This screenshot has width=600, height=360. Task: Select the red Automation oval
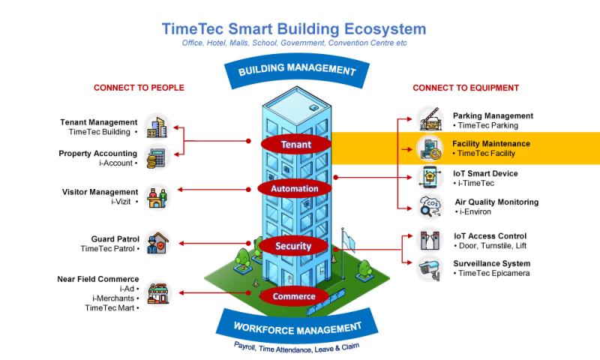click(x=294, y=188)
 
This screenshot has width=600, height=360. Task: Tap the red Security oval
click(x=292, y=245)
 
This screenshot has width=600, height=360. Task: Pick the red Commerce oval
click(x=294, y=295)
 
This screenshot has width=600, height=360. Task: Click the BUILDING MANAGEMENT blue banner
click(x=296, y=70)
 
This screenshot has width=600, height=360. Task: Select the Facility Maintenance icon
click(x=430, y=148)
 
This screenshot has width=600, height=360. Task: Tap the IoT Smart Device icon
click(x=430, y=178)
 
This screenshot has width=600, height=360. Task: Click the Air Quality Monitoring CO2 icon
click(x=430, y=206)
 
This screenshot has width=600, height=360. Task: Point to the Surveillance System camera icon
click(x=430, y=268)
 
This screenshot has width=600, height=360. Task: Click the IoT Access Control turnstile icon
click(x=430, y=240)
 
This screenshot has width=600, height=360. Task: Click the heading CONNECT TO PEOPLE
click(x=139, y=88)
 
